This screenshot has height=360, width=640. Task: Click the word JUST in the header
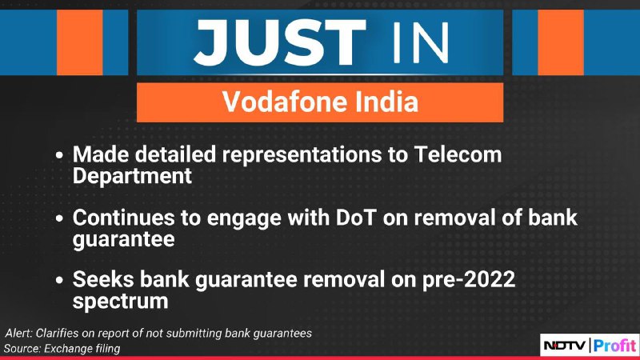280,42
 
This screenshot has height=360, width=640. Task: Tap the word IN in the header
421,43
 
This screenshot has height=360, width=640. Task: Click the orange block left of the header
79,42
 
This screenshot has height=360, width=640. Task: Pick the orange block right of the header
561,42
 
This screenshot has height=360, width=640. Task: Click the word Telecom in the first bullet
458,154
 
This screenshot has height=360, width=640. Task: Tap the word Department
132,176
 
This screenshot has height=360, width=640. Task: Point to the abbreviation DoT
355,218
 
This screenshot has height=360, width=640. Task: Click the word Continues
124,218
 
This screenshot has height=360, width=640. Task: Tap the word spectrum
121,302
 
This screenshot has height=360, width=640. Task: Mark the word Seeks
103,279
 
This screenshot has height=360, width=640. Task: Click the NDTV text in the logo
565,346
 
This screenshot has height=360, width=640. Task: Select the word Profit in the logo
614,346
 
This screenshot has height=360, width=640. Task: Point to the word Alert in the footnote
18,333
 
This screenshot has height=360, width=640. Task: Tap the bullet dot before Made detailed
59,155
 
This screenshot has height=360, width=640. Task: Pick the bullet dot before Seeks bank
59,281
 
